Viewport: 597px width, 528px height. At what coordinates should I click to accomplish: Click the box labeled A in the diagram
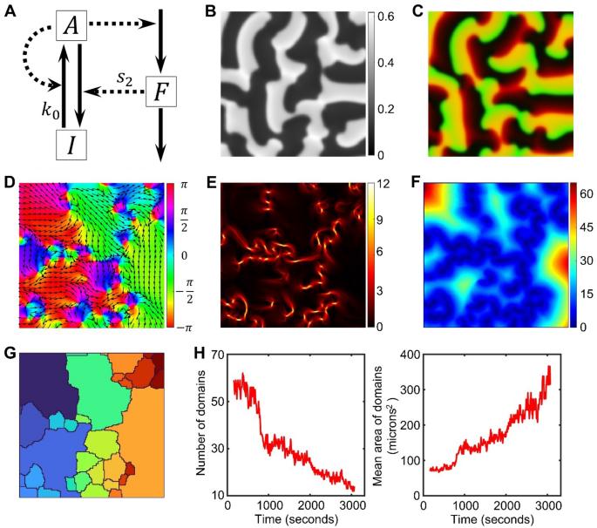click(72, 27)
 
